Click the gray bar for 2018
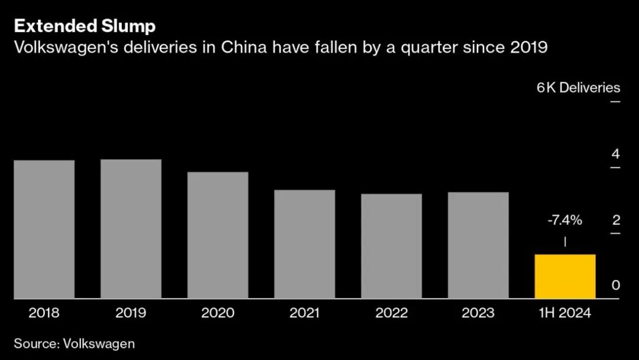44,230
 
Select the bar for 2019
131,229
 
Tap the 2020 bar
218,236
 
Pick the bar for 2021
305,245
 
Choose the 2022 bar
391,246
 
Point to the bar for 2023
478,246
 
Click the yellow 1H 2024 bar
565,277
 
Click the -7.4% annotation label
565,221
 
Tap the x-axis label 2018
44,313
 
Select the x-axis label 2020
218,313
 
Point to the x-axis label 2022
391,313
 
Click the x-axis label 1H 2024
565,313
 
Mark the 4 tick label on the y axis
615,155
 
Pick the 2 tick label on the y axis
615,220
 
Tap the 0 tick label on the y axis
615,285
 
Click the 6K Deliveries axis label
578,88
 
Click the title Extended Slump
85,26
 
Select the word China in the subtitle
241,47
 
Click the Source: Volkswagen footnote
75,343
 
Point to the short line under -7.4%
565,242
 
